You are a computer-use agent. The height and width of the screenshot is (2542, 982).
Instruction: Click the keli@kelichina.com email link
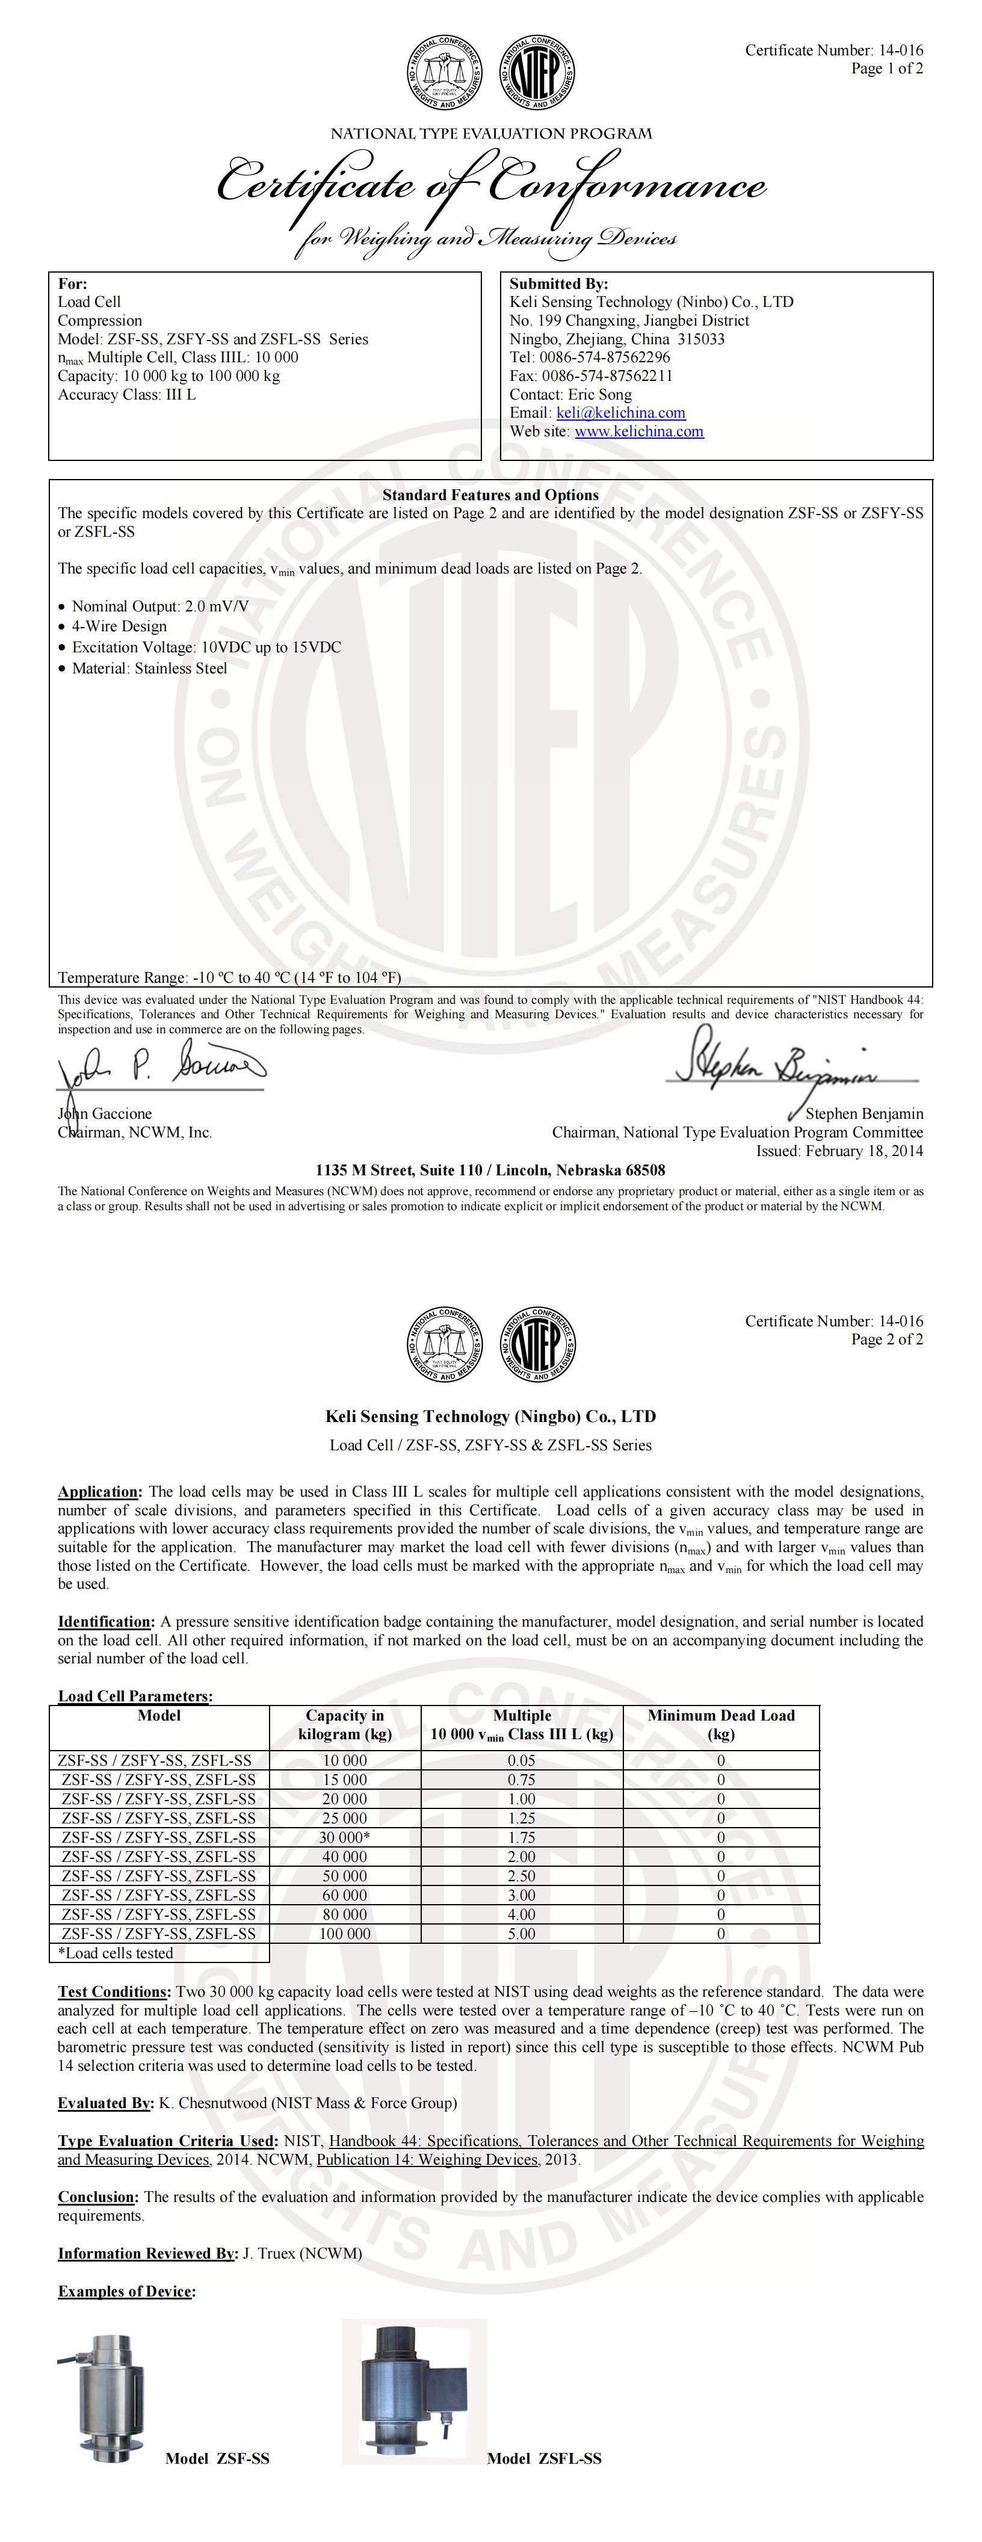[621, 412]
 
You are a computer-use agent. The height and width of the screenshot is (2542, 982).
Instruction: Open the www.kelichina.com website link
[638, 431]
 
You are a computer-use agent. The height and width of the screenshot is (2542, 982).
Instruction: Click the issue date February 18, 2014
[865, 1151]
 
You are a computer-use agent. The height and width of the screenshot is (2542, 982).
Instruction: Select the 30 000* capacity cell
[344, 1837]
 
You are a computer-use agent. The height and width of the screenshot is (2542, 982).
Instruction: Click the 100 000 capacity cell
[344, 1934]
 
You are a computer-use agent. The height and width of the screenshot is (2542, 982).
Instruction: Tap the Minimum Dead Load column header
[720, 1724]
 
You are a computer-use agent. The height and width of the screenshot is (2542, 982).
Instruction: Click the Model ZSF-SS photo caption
[217, 2458]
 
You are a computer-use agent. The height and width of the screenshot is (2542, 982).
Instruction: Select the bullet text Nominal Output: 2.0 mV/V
[160, 607]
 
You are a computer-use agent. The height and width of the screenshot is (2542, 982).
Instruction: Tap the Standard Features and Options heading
[490, 495]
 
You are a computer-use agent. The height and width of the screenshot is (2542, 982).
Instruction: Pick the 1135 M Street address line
[490, 1170]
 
